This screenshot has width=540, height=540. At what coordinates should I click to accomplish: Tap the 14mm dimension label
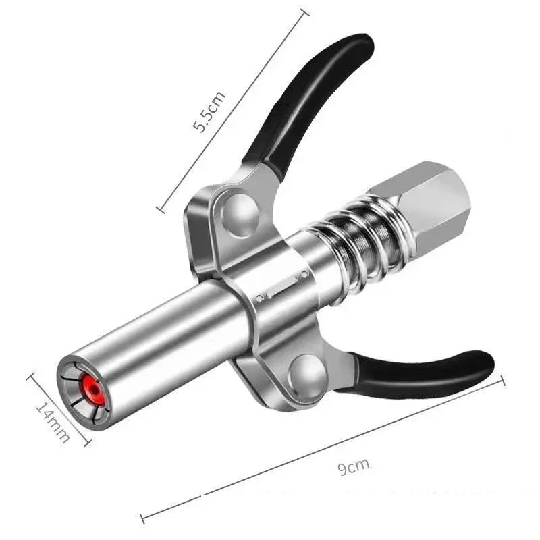pos(53,422)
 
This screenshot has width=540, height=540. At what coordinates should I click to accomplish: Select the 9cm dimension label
pos(353,466)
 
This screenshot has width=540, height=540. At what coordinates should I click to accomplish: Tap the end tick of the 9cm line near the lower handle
pos(503,382)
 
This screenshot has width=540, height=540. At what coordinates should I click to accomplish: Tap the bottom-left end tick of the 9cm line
pos(143,518)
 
